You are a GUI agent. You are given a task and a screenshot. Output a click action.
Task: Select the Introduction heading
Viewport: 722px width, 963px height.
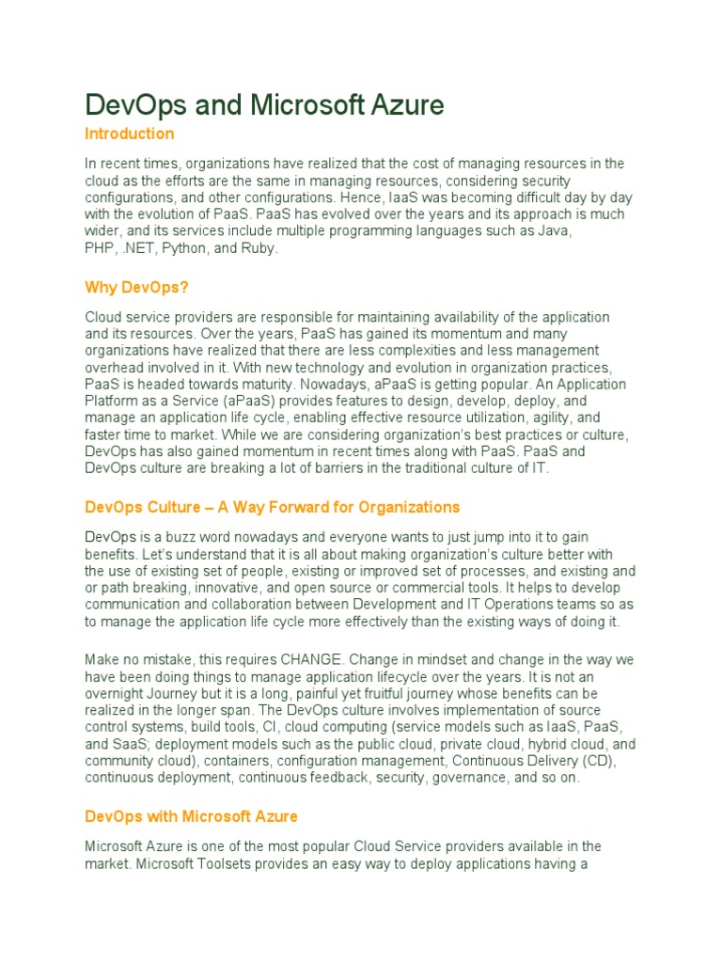(x=129, y=134)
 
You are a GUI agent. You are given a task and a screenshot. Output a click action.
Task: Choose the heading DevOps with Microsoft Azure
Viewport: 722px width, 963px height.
(x=191, y=815)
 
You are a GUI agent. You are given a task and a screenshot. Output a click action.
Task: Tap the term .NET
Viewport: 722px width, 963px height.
(x=138, y=248)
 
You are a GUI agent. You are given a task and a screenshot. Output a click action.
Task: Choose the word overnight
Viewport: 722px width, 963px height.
(x=117, y=692)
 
